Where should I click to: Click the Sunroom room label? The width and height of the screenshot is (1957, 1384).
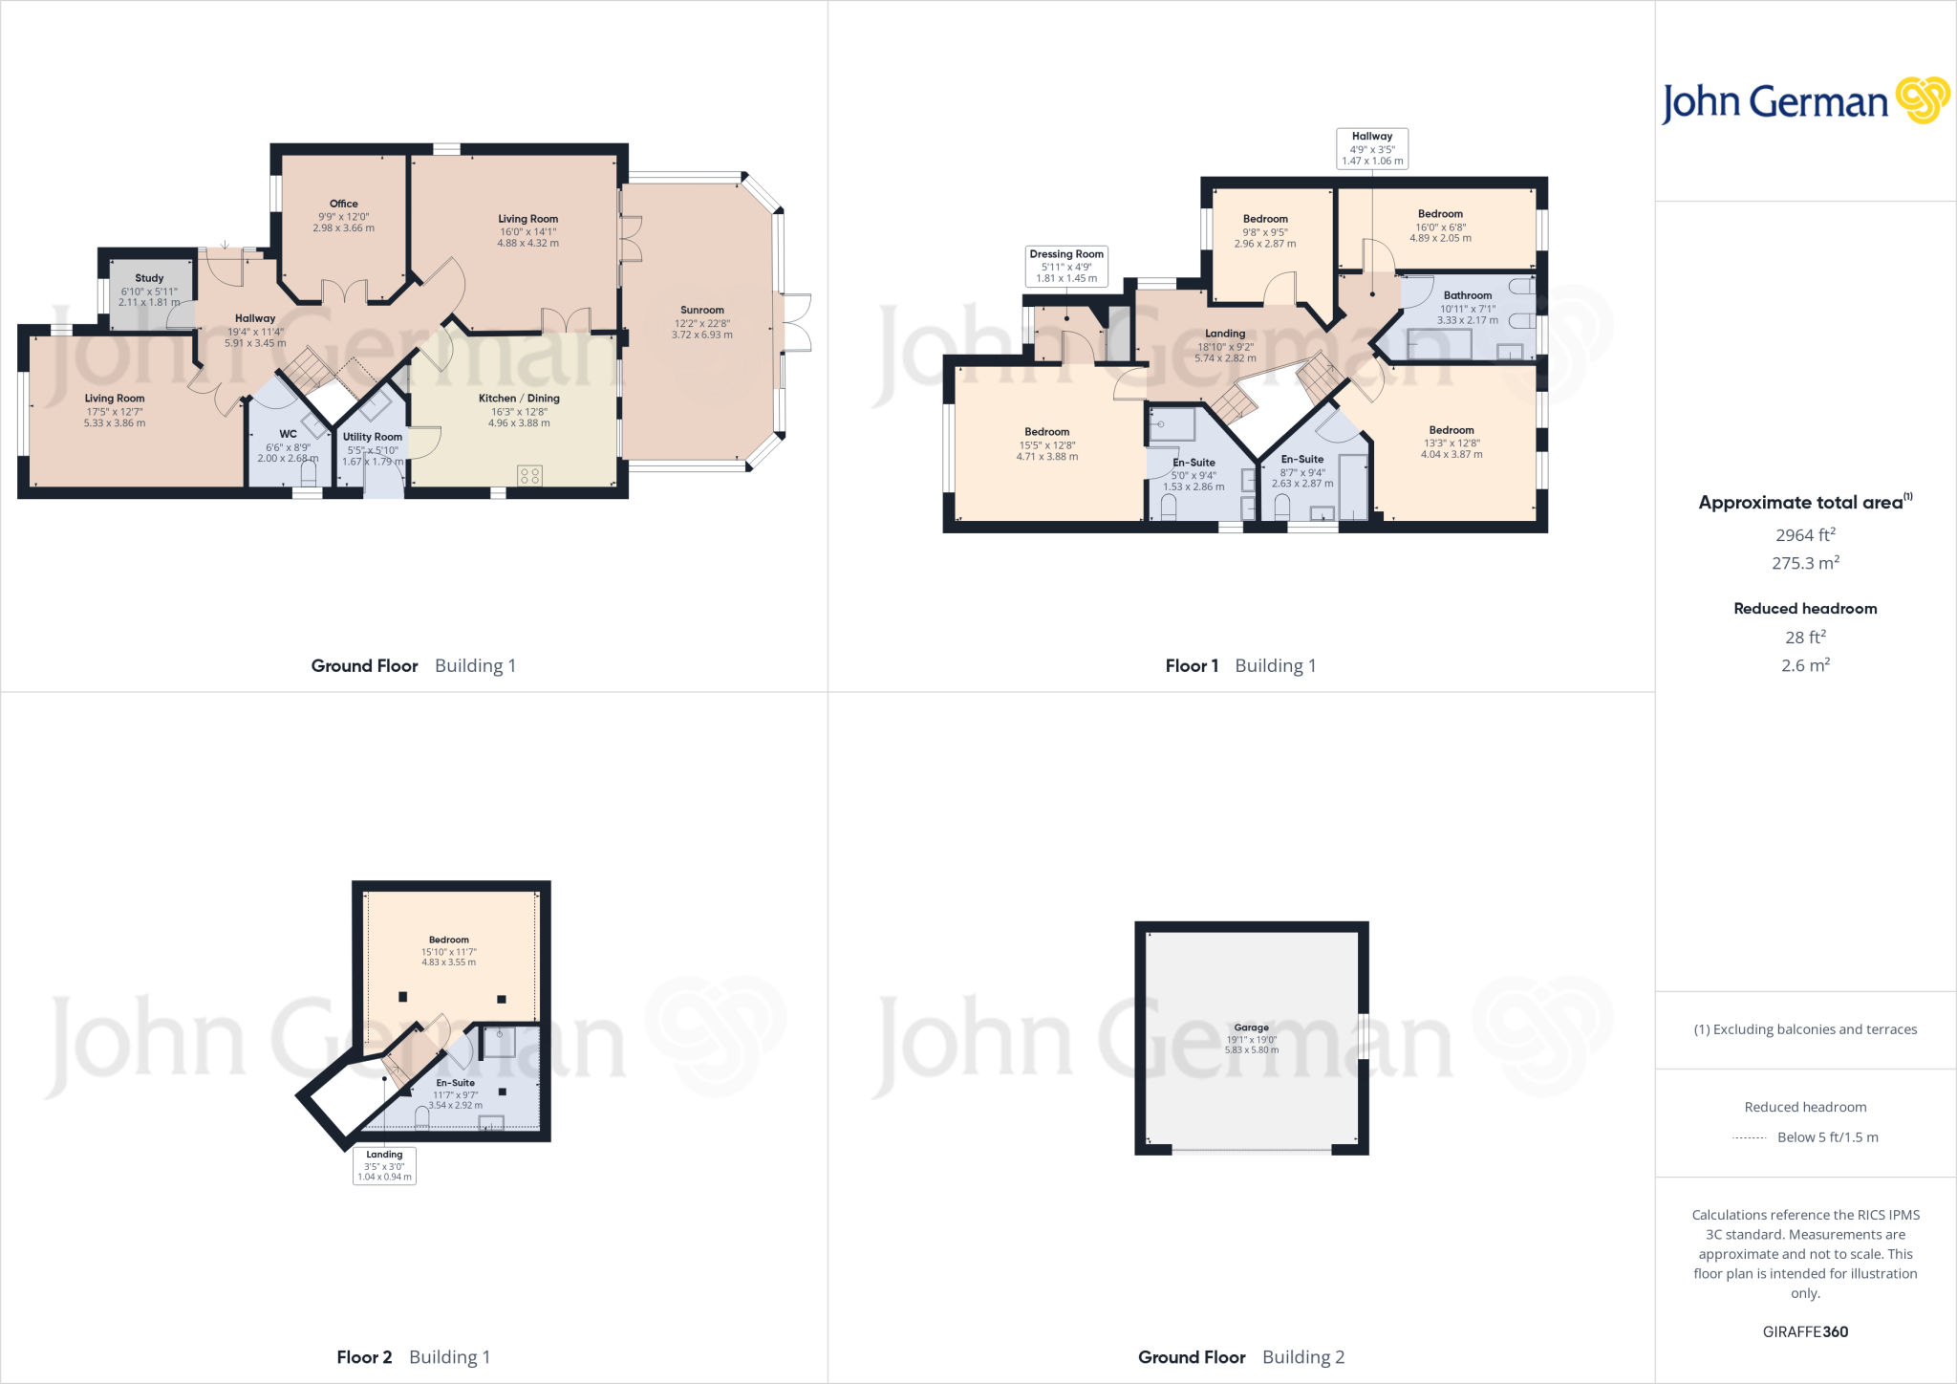(x=702, y=311)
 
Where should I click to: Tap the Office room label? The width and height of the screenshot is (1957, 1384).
(x=343, y=204)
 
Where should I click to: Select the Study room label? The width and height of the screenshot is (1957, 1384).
(x=149, y=278)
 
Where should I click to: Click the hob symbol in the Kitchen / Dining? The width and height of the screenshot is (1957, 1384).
(x=530, y=475)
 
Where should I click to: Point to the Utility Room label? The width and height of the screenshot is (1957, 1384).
(x=373, y=437)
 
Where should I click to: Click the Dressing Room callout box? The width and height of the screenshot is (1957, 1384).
(x=1066, y=266)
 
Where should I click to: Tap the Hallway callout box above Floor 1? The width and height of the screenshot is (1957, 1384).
(x=1372, y=148)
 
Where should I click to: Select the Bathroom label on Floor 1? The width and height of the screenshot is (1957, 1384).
(x=1468, y=295)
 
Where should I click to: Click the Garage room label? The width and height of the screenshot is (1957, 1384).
(x=1251, y=1027)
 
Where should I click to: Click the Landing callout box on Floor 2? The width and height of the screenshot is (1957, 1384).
(x=384, y=1165)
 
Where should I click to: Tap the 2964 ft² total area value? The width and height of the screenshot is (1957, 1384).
(x=1805, y=535)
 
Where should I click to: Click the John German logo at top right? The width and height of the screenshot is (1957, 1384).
(x=1805, y=101)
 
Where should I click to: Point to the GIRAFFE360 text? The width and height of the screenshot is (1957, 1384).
(x=1805, y=1331)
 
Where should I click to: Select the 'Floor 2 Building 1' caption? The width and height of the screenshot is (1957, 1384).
(x=413, y=1357)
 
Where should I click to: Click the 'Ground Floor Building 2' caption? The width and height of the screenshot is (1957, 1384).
(x=1240, y=1357)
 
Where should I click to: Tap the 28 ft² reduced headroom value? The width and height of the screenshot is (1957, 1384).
(x=1805, y=638)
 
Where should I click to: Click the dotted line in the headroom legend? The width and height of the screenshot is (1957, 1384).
(x=1749, y=1137)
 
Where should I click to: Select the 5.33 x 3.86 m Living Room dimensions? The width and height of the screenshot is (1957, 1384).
(x=115, y=423)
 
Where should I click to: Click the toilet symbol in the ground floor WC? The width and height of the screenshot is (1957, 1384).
(x=308, y=473)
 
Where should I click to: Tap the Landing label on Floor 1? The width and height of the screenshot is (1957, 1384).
(x=1225, y=334)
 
